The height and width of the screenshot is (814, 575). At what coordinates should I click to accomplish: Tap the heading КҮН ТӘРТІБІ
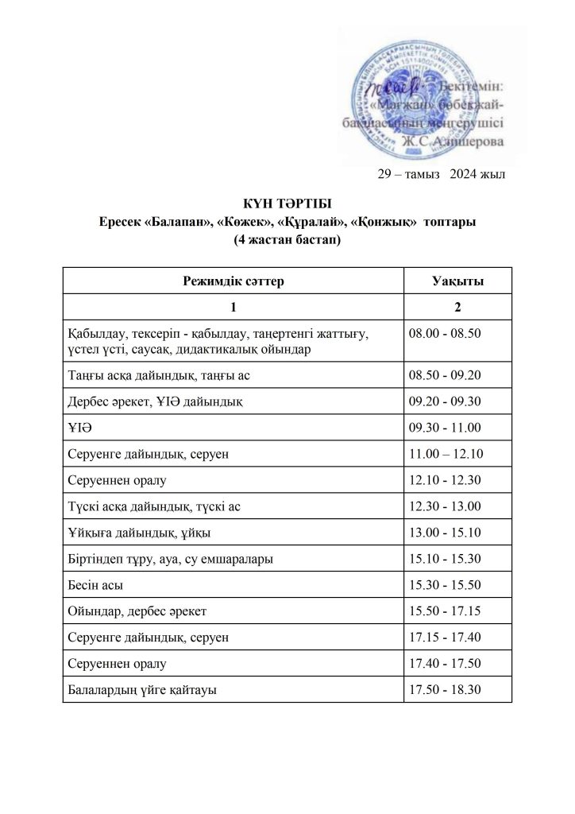tap(287, 206)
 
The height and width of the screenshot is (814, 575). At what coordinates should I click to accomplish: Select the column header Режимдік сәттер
tap(233, 281)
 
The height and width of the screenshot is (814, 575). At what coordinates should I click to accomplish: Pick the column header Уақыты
tap(458, 281)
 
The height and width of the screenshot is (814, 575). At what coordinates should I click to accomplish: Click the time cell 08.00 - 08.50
tap(445, 332)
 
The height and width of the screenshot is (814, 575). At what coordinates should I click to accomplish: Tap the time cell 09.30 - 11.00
tap(445, 428)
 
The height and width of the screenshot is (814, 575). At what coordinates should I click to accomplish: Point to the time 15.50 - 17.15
tap(445, 611)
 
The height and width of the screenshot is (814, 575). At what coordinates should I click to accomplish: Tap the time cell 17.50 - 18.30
tap(445, 690)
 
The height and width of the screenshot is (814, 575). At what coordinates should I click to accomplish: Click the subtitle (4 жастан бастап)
tap(287, 239)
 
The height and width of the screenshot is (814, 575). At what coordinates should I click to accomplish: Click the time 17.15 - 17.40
tap(445, 638)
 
